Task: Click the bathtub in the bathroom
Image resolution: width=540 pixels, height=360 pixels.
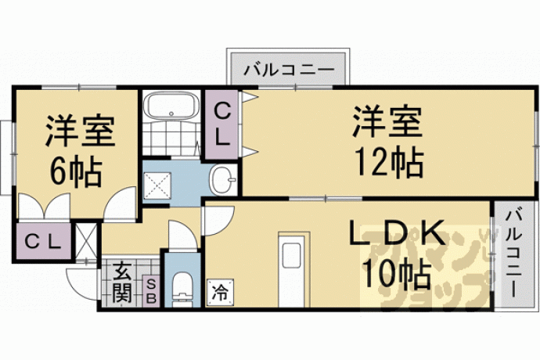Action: click(171, 106)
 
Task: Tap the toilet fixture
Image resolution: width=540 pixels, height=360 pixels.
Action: click(182, 289)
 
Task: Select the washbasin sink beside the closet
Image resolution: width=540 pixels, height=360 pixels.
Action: click(222, 180)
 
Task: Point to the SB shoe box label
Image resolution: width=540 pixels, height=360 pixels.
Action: click(151, 291)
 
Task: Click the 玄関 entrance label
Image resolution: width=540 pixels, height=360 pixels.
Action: click(122, 283)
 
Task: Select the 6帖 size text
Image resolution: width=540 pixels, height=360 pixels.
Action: click(77, 172)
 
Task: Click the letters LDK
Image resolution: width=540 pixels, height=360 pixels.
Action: click(396, 233)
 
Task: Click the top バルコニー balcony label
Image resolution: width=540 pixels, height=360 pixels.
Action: click(289, 70)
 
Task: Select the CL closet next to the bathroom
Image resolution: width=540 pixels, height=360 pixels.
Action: click(222, 124)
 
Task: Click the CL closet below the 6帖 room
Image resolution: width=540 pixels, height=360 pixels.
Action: click(43, 242)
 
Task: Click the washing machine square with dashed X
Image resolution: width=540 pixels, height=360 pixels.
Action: click(157, 185)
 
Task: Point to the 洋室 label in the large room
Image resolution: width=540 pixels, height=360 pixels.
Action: click(387, 122)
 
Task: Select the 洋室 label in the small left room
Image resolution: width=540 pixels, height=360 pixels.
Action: click(80, 131)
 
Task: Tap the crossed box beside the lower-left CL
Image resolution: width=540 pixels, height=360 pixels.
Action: click(86, 240)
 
